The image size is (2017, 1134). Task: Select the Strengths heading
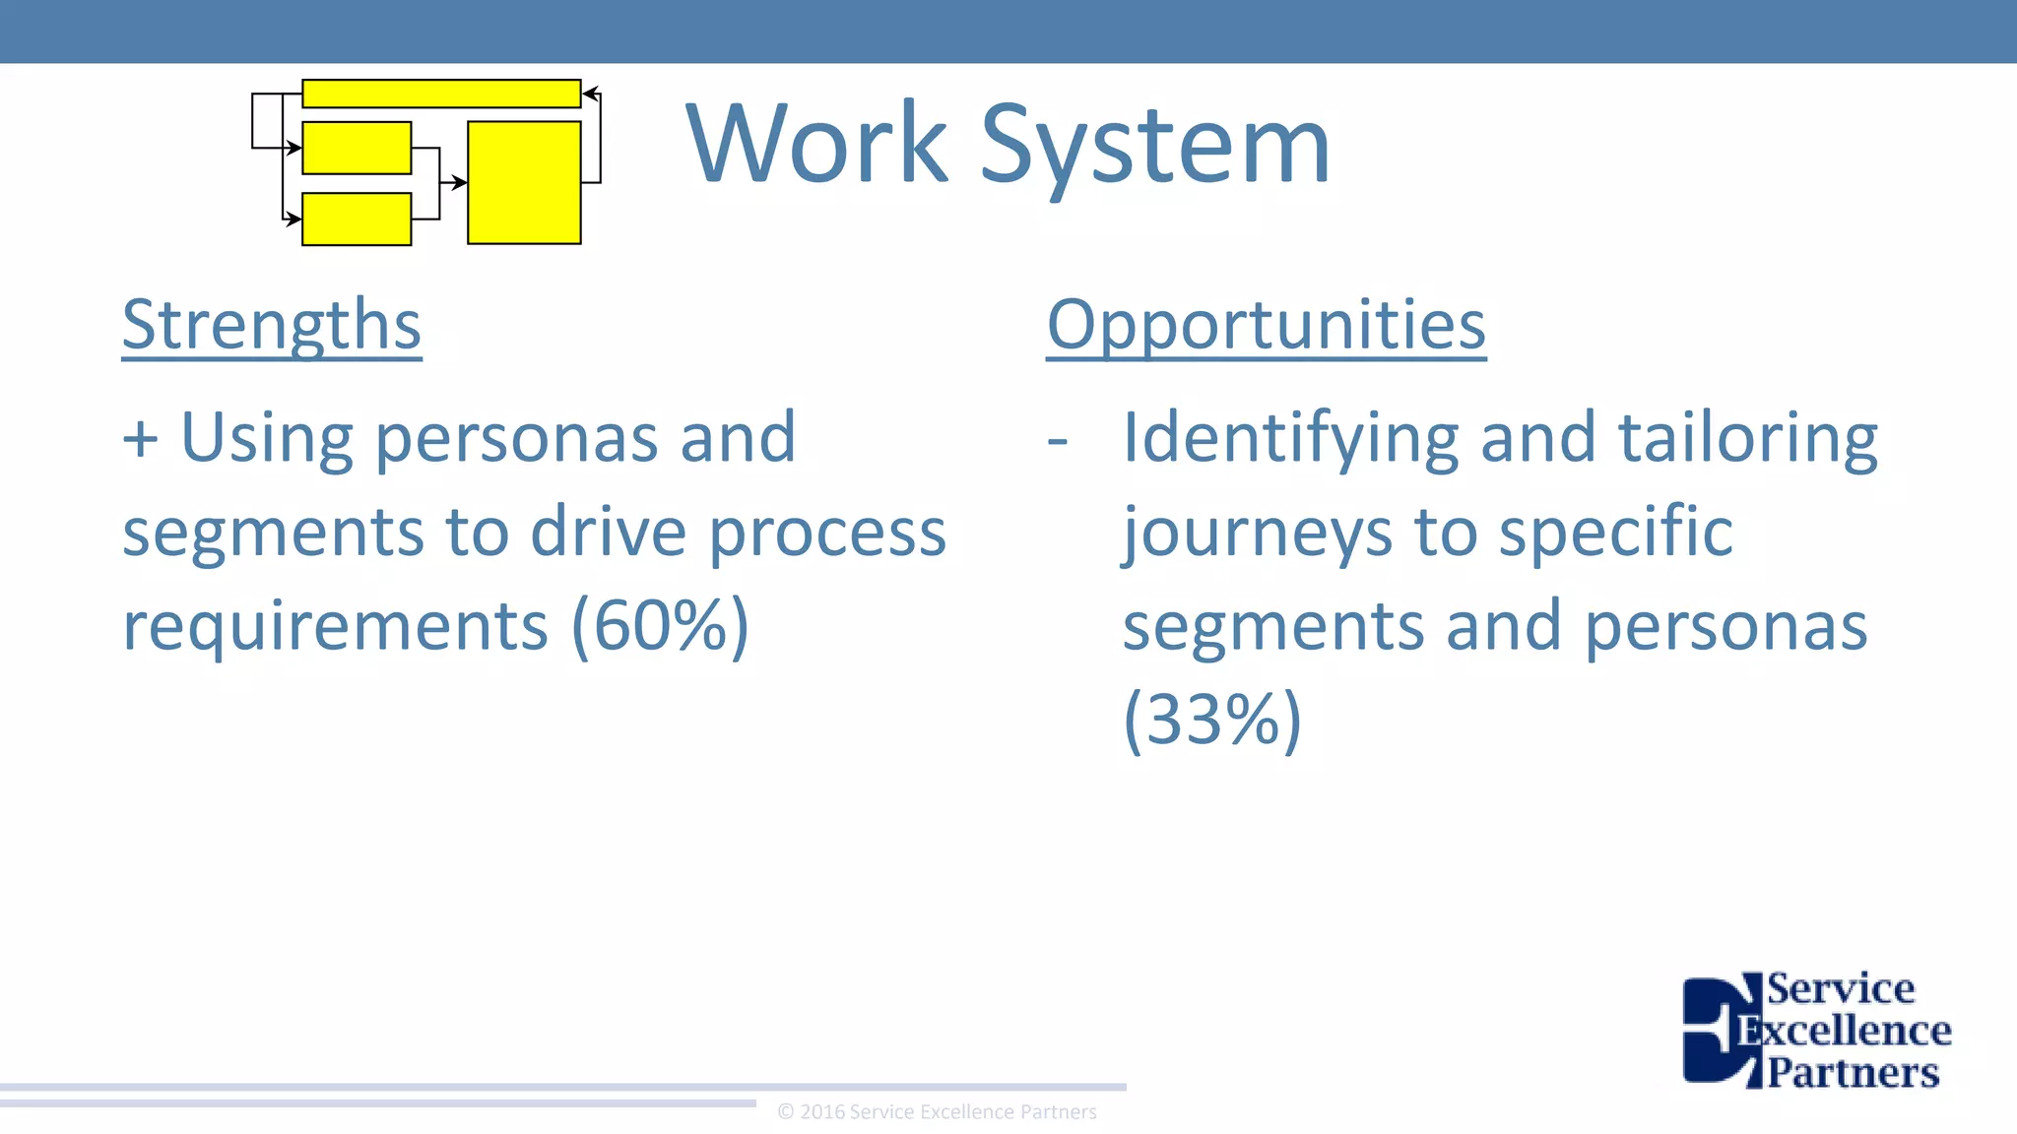[272, 325]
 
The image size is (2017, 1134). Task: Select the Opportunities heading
[1266, 325]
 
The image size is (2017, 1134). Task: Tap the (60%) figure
[661, 625]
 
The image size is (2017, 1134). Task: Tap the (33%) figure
[1212, 720]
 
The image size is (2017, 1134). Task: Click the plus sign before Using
[140, 438]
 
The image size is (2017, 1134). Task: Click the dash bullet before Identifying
[1058, 439]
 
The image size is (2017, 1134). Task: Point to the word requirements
[335, 626]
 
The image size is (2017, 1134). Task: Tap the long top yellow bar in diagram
[440, 94]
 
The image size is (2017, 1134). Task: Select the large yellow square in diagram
[524, 182]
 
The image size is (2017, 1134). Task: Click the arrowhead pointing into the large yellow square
[460, 182]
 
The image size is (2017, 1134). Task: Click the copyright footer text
[937, 1112]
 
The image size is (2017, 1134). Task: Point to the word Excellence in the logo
[1844, 1032]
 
